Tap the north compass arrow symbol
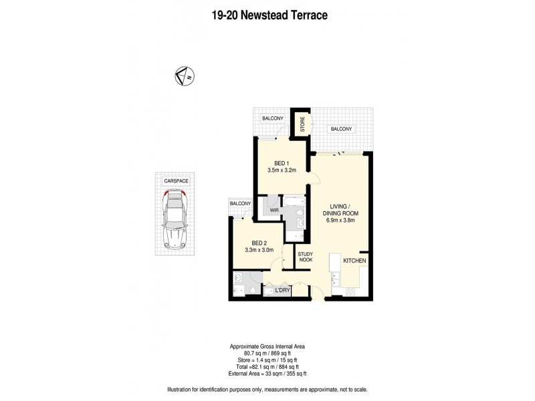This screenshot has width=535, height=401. (183, 76)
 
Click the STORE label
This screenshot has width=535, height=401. (302, 124)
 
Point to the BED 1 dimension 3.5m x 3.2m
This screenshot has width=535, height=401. (282, 171)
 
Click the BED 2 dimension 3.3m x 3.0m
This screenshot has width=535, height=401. (259, 251)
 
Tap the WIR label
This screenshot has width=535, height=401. (274, 211)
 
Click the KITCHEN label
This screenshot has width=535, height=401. (355, 260)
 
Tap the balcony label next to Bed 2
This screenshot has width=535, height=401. (240, 203)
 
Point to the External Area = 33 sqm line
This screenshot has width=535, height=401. (267, 374)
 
